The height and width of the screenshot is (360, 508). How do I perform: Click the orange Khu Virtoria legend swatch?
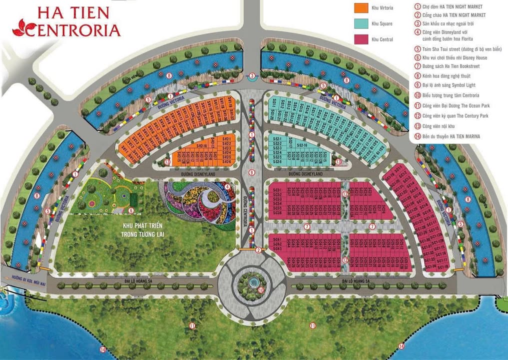point(361,8)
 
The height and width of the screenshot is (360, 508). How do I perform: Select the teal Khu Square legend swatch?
point(361,23)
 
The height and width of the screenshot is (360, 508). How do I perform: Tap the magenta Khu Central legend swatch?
point(361,39)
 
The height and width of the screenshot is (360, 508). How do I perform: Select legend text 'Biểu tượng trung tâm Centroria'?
point(451,95)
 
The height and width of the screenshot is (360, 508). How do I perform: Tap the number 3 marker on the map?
point(252,76)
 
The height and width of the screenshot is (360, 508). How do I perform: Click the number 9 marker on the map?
point(252,172)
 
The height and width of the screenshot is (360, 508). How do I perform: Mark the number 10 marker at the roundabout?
point(260,289)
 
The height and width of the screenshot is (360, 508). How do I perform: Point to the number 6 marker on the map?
point(131,210)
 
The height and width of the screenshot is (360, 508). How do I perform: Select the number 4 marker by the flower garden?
point(228,187)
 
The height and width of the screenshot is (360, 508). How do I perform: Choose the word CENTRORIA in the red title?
point(75,29)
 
